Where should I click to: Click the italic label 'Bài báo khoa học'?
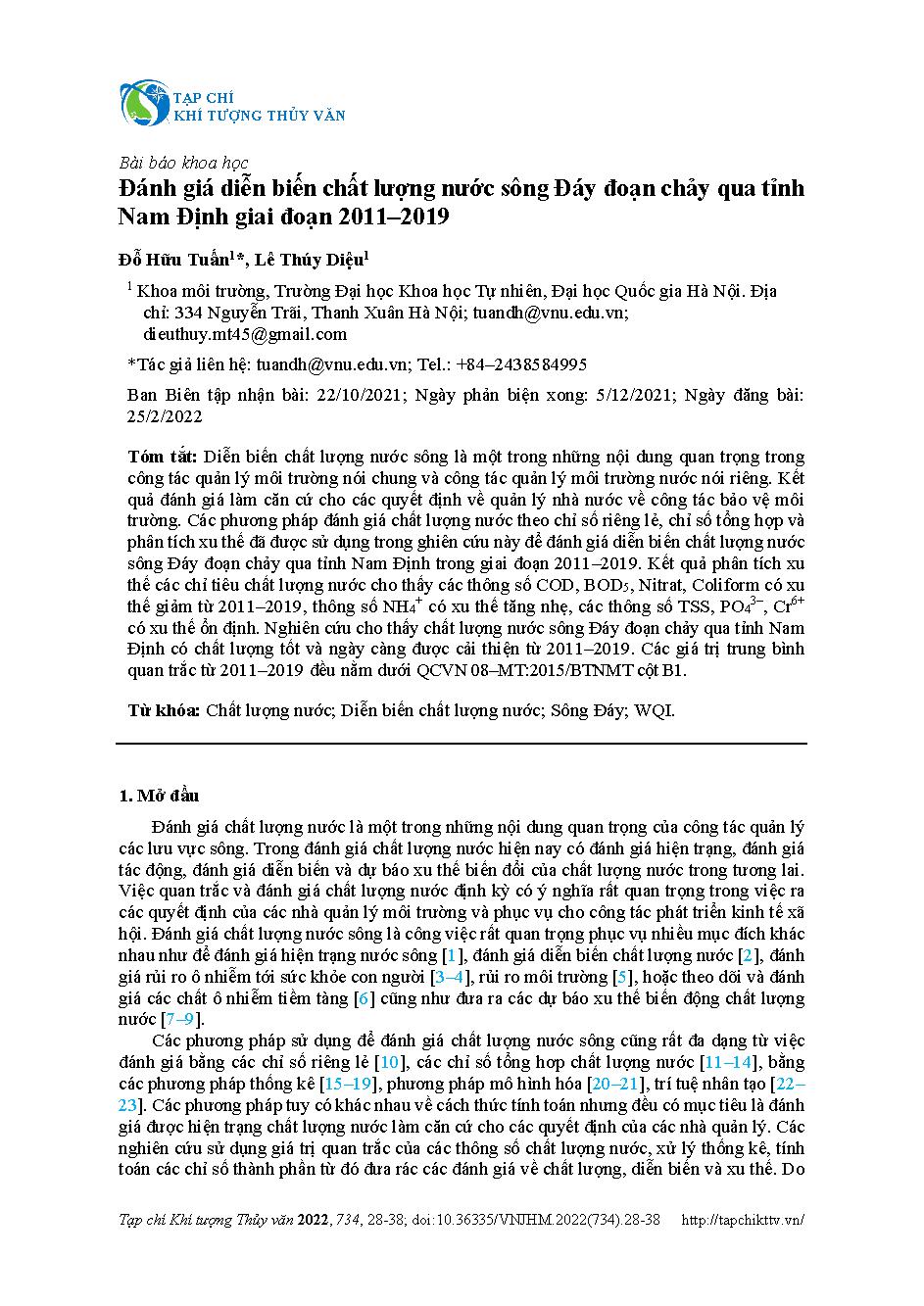pos(183,163)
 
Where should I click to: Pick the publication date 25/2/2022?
pos(166,415)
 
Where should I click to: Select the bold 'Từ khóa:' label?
pos(165,710)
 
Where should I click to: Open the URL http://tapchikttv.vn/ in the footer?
pos(743,1220)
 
